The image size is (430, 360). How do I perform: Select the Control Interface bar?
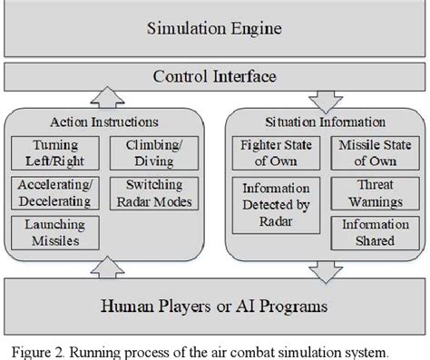tap(214, 76)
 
